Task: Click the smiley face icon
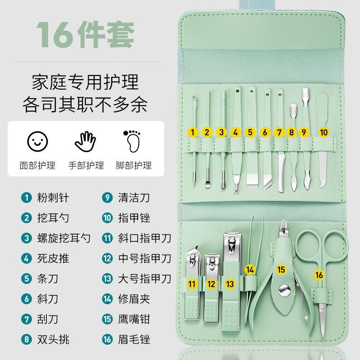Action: [37, 141]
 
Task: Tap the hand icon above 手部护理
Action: [85, 141]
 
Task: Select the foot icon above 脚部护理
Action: [132, 141]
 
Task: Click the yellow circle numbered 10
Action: [324, 132]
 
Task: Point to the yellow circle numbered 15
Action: [281, 270]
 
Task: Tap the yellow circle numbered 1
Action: [193, 132]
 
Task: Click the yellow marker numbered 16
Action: [319, 275]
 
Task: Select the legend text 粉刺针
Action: [53, 198]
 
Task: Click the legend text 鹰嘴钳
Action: [134, 319]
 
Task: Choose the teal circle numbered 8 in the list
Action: [27, 339]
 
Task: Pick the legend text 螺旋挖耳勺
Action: [64, 238]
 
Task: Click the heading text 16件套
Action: [85, 35]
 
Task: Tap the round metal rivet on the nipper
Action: [284, 290]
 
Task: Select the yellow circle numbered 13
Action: [230, 284]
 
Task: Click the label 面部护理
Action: [37, 165]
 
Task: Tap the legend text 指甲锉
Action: [134, 218]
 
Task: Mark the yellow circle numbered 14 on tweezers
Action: [250, 270]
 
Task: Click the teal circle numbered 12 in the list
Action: [107, 258]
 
